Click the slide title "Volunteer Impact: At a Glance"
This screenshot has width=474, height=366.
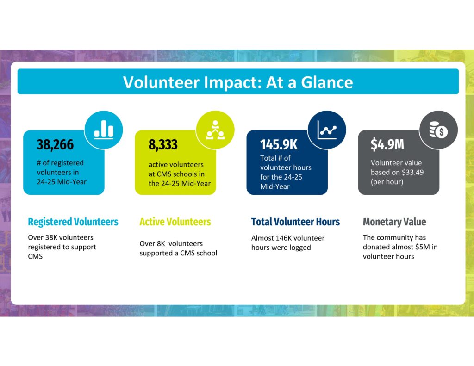[x=238, y=82]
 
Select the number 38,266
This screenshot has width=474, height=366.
[x=55, y=145]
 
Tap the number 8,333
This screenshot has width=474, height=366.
[x=163, y=145]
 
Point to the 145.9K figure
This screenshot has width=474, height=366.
[x=279, y=145]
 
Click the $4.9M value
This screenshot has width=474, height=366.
[x=387, y=145]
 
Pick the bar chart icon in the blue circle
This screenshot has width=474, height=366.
[x=104, y=130]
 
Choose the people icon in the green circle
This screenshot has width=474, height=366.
[x=215, y=130]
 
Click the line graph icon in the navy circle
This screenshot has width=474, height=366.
[x=327, y=130]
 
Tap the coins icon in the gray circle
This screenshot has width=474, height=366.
[x=438, y=130]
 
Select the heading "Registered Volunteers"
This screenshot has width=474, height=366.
[x=73, y=222]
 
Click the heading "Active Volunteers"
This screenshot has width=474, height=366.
[x=175, y=222]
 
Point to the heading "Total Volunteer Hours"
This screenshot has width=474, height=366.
[x=295, y=222]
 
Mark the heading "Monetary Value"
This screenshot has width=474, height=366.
[x=394, y=222]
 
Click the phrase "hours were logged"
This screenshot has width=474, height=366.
[x=281, y=248]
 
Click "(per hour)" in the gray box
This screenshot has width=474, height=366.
[x=387, y=181]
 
